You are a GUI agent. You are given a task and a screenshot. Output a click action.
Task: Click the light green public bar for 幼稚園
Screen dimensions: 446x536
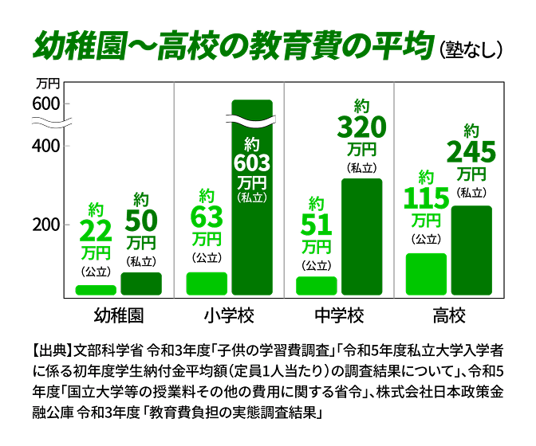click(96, 290)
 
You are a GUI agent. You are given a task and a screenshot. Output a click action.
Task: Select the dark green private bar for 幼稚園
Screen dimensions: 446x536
click(141, 284)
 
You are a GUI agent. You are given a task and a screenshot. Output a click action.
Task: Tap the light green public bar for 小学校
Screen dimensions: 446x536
click(207, 284)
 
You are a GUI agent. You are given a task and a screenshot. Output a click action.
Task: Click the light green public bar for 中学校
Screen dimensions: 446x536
click(317, 285)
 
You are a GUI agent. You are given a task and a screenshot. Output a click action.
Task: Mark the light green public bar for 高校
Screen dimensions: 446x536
click(426, 274)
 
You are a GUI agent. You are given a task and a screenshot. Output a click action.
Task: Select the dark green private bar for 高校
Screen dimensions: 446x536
click(471, 250)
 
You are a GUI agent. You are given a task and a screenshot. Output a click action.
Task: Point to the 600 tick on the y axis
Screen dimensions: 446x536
click(46, 104)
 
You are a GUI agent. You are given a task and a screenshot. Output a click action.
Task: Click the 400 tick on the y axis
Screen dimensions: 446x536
click(46, 147)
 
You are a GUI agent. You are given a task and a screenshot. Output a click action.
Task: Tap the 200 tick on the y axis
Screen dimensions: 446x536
click(46, 225)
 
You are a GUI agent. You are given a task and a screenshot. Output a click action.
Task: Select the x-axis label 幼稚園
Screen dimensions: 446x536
click(119, 314)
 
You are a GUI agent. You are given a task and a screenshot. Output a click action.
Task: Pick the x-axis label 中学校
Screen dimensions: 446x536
click(339, 314)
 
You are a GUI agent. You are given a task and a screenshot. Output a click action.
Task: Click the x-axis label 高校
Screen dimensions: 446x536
click(448, 314)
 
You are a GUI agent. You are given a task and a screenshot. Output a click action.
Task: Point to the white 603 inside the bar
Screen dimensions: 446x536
click(252, 163)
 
